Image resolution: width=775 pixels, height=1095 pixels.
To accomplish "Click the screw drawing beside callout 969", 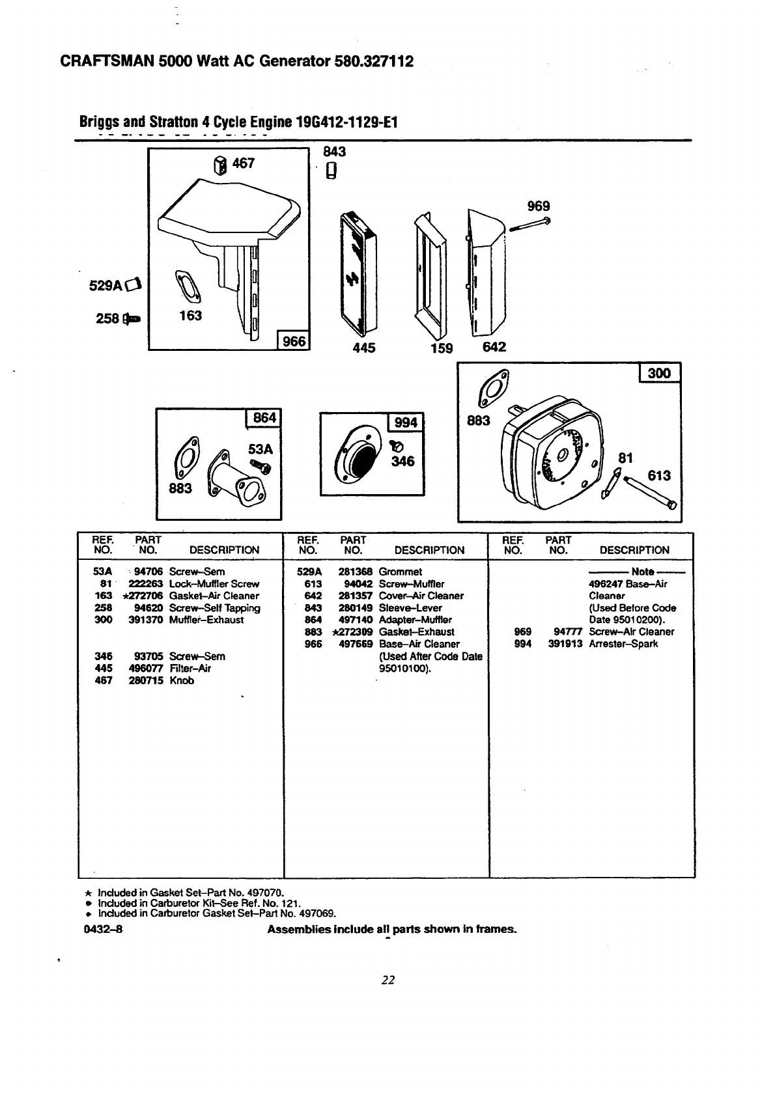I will [x=529, y=225].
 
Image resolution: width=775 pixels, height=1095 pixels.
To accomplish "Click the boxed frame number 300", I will [x=660, y=373].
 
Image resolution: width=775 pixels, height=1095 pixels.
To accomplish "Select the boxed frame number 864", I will [x=264, y=417].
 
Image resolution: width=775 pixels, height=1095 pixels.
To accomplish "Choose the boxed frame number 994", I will [x=406, y=423].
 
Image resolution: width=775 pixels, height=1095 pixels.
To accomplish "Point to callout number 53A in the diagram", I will [x=260, y=449].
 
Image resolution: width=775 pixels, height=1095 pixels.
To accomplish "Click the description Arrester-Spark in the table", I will [x=623, y=644].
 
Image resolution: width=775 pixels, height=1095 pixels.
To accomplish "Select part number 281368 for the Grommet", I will [x=355, y=572].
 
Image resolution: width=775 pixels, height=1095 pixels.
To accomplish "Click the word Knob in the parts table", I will [x=182, y=681].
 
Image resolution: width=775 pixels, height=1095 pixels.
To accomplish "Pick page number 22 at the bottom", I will [x=389, y=980].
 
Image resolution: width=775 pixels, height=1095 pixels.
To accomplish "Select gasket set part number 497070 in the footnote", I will [x=266, y=893].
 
